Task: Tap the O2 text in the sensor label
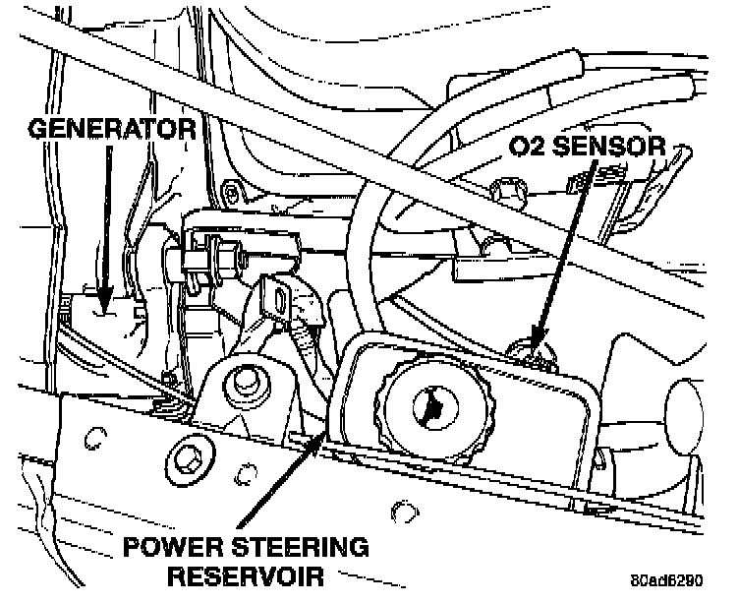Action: (x=529, y=148)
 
